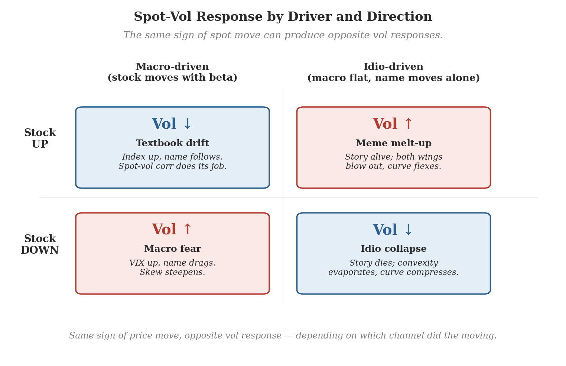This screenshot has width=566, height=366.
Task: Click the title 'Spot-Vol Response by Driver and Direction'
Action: [x=283, y=17]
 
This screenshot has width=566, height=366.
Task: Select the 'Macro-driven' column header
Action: [x=172, y=67]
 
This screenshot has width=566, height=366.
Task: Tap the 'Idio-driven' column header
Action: [x=393, y=67]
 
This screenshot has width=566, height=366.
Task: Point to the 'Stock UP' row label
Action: [x=40, y=138]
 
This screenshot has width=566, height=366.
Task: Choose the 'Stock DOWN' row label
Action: [x=40, y=244]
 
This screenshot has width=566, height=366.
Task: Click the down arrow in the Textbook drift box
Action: [x=188, y=124]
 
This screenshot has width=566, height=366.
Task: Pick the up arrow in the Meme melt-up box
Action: [x=408, y=124]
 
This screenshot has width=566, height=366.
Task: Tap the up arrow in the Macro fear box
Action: [x=188, y=229]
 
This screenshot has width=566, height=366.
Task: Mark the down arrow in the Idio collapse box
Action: [x=408, y=230]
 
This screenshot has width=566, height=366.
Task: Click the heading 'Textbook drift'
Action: [x=173, y=143]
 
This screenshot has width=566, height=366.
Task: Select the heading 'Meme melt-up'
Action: [x=394, y=143]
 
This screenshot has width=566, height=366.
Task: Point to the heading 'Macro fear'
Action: [x=173, y=249]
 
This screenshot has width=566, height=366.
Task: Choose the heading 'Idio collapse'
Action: [x=394, y=249]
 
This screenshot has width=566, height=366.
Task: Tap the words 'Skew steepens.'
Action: [x=173, y=272]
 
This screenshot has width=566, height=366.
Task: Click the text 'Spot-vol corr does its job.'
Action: [x=173, y=166]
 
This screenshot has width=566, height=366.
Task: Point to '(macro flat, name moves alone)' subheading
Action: [x=393, y=78]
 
